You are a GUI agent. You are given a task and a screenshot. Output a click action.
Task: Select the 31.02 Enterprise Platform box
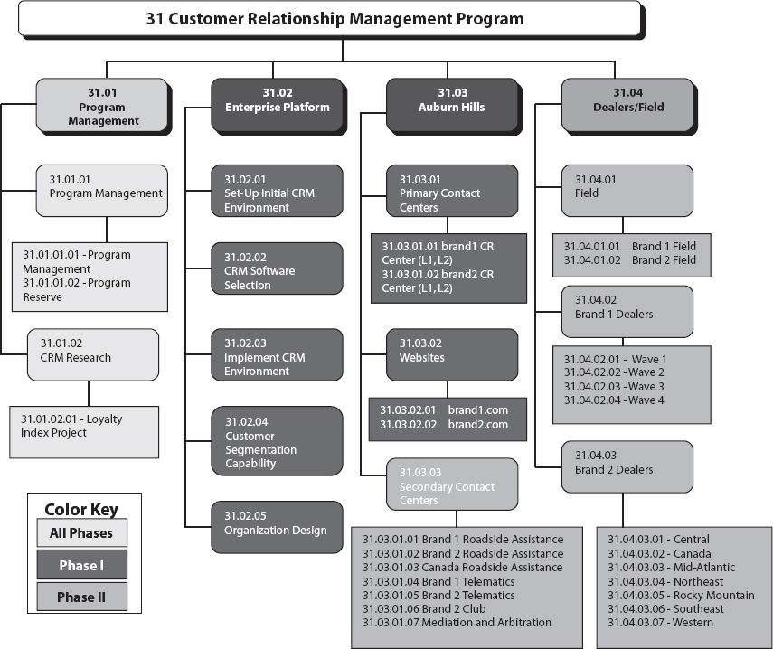pyautogui.click(x=277, y=100)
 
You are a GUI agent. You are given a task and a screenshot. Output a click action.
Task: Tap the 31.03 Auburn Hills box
pyautogui.click(x=452, y=100)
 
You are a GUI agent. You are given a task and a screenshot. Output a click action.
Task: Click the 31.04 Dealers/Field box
pyautogui.click(x=627, y=100)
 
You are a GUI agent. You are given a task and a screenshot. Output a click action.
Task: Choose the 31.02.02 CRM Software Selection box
pyautogui.click(x=277, y=270)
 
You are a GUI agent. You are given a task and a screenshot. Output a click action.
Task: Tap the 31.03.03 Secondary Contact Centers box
pyautogui.click(x=452, y=486)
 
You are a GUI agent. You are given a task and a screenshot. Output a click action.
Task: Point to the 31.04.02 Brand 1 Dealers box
pyautogui.click(x=627, y=308)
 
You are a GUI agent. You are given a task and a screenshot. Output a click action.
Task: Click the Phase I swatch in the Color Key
pyautogui.click(x=81, y=565)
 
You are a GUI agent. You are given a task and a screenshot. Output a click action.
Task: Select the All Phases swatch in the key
pyautogui.click(x=81, y=533)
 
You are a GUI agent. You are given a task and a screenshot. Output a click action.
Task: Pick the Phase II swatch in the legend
pyautogui.click(x=81, y=597)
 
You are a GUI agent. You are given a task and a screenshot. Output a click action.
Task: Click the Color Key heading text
pyautogui.click(x=81, y=509)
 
